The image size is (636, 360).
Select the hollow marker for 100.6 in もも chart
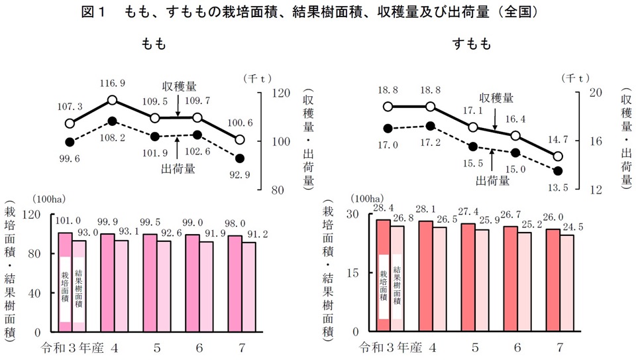coord(240,140)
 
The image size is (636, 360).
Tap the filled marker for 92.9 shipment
coord(240,158)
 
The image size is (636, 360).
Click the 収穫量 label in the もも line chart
coord(180,87)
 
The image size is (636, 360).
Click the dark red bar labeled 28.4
coord(383,275)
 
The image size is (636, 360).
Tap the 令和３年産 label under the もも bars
coord(73,347)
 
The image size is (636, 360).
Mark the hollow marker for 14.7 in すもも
coord(558,156)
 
